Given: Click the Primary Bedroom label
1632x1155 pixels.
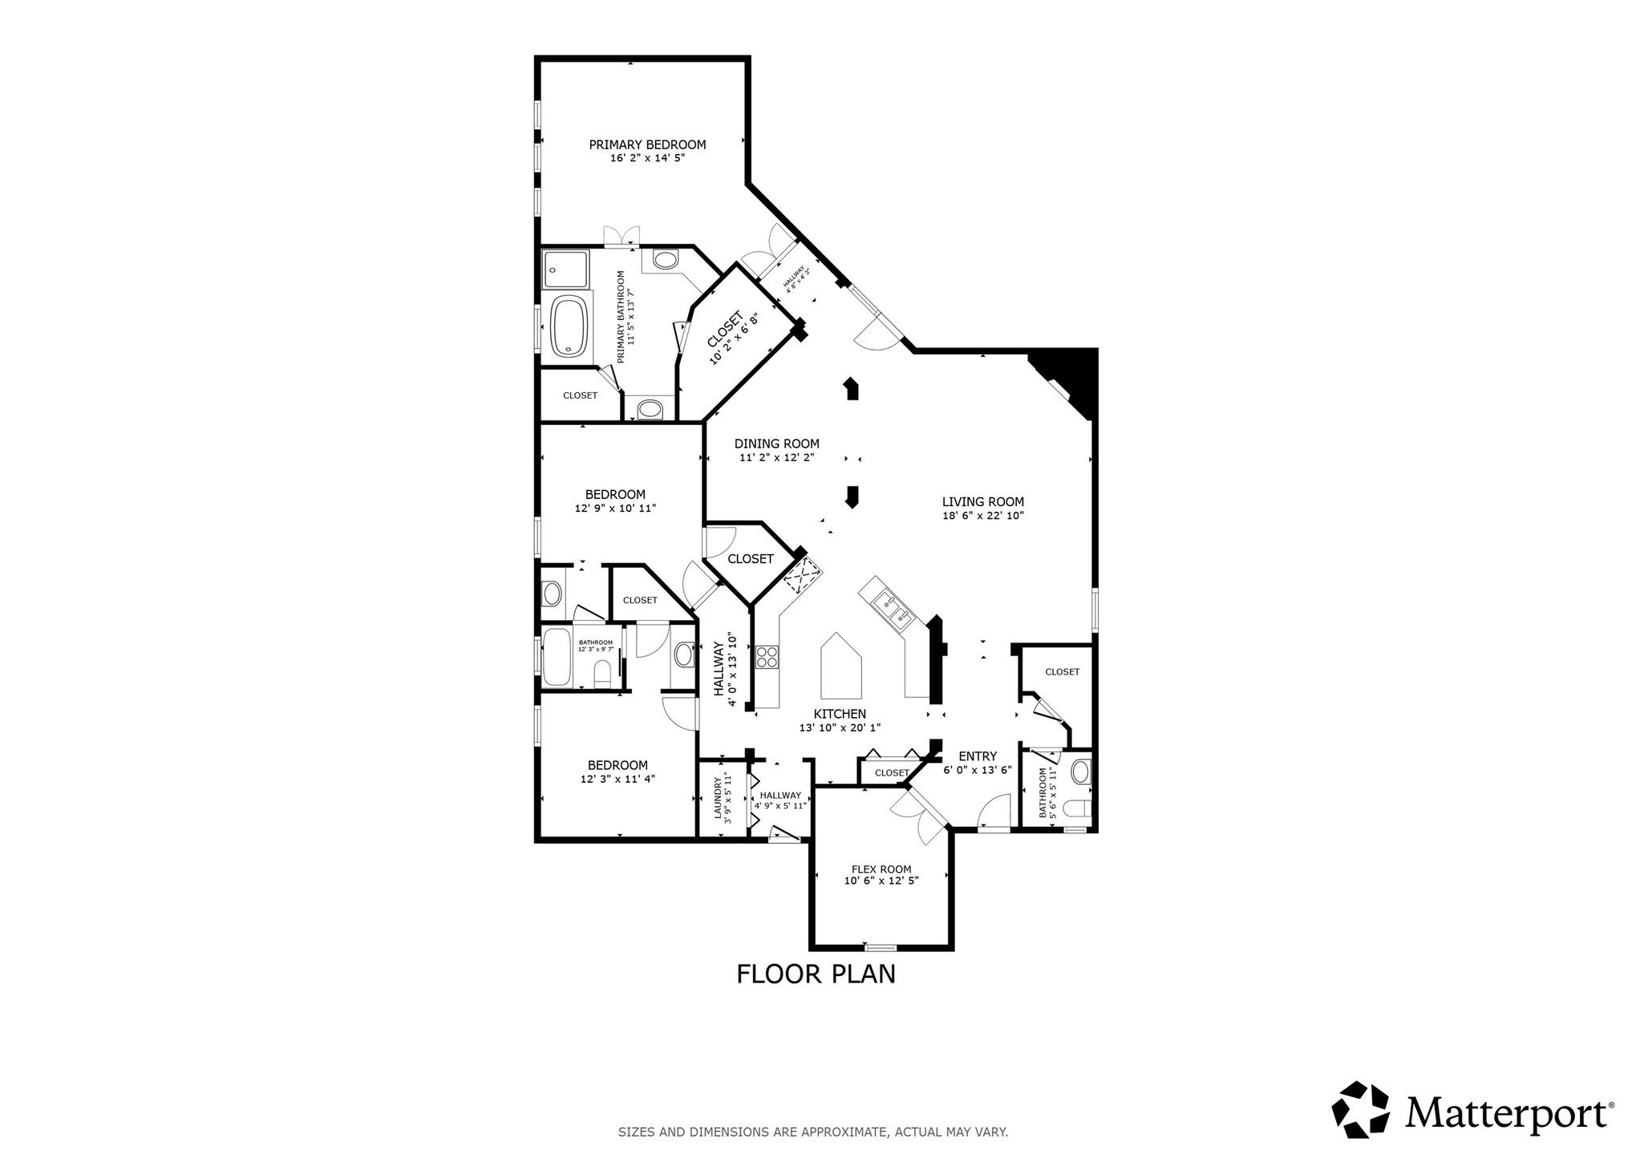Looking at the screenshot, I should pos(647,144).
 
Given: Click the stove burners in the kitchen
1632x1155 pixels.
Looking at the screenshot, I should pos(767,657).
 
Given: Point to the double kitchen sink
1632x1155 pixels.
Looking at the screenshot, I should pos(893,607).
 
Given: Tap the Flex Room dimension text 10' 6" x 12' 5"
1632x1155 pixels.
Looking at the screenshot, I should pos(881,880).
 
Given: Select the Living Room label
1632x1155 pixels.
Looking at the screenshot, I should pos(982,502).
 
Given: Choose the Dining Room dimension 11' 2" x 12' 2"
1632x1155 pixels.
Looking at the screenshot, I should pos(777,457).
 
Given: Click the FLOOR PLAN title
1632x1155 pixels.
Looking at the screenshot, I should pos(816,974).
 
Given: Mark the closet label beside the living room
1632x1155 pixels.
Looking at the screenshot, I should pos(1062,671).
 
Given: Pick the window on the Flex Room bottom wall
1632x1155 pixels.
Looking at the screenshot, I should pos(880,947).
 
